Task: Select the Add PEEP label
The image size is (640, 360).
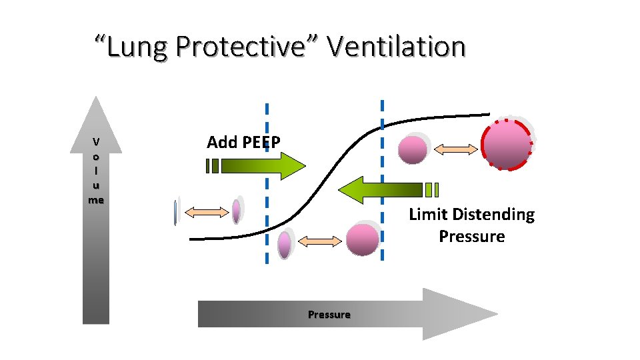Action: (243, 142)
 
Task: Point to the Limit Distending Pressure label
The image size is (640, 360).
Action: (471, 225)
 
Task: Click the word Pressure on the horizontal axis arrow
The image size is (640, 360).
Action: (329, 314)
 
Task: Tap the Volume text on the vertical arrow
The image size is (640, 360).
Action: (97, 171)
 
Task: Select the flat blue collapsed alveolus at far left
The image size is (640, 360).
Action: (175, 212)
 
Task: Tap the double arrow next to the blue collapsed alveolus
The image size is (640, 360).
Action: (205, 212)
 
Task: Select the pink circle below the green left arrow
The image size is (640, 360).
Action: (362, 239)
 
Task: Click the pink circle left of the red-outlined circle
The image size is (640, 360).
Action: (412, 149)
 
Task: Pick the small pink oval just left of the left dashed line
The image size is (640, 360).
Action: (236, 211)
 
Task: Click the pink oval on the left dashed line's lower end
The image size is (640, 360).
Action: (285, 244)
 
